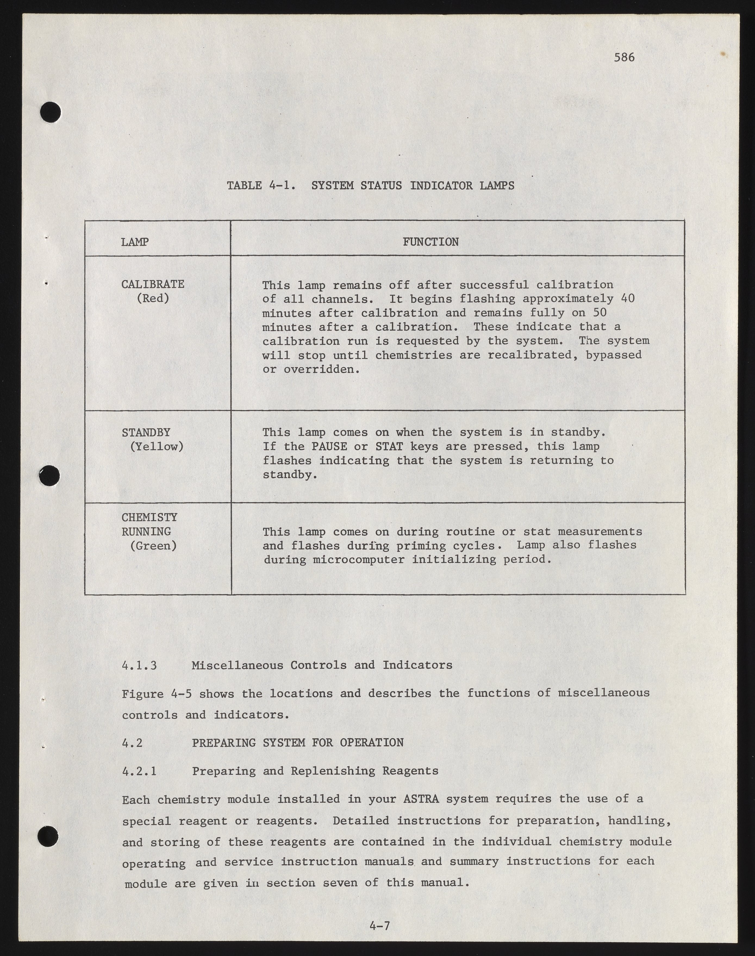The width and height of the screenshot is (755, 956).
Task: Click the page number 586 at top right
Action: (x=624, y=57)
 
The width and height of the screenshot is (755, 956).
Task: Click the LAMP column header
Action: (x=135, y=242)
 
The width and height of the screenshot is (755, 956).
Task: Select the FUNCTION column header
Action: (x=430, y=242)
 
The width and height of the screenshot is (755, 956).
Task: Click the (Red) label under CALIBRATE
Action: (x=153, y=298)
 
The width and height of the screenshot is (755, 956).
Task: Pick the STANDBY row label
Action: (x=146, y=432)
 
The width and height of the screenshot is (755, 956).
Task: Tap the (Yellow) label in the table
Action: (x=157, y=446)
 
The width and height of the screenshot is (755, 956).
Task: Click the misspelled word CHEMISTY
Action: (x=149, y=517)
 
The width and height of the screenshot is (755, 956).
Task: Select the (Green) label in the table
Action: (x=153, y=546)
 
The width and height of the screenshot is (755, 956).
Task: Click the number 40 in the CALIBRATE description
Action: (x=628, y=298)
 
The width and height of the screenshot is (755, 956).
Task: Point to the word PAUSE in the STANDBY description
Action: (x=329, y=446)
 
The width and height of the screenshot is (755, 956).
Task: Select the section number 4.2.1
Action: (x=139, y=771)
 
